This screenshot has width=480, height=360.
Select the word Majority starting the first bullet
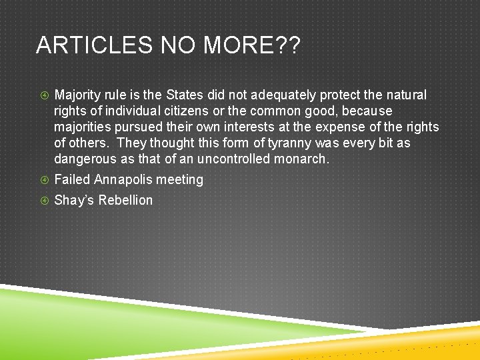[x=78, y=95]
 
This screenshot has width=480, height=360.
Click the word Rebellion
[x=125, y=200]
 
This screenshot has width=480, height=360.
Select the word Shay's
[x=74, y=200]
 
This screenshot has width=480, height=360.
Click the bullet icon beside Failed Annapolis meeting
[x=44, y=179]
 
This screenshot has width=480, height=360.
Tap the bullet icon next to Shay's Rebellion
[x=44, y=200]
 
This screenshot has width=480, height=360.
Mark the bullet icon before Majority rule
[x=44, y=95]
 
